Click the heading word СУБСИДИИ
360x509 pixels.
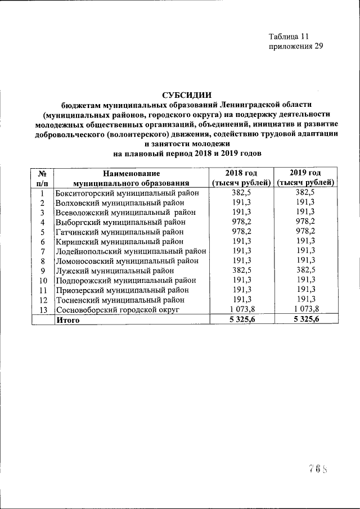187,94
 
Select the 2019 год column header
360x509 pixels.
306,177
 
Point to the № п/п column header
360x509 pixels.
42,177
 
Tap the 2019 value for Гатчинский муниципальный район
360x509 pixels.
306,232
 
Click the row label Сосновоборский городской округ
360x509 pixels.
117,310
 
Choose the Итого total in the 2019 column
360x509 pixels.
306,320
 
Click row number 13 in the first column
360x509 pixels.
42,310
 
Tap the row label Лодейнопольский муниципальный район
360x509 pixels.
130,251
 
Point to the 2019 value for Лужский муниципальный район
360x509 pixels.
306,271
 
